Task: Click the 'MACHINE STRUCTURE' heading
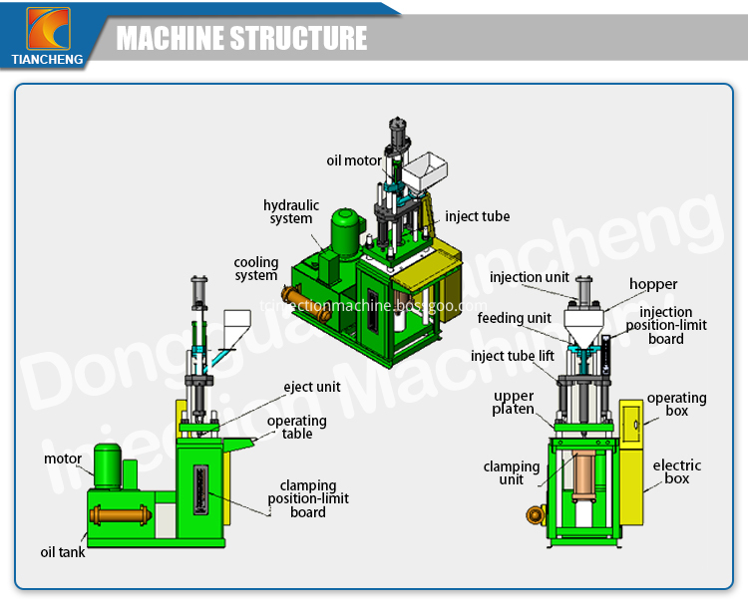point(242,39)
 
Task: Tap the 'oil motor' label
point(354,160)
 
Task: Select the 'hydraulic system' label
point(291,212)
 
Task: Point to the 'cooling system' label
point(256,269)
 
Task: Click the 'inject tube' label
point(477,216)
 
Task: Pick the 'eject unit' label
point(312,387)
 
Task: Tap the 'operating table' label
point(296,428)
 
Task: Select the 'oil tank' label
point(63,551)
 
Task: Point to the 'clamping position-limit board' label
point(308,498)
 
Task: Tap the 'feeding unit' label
point(514,318)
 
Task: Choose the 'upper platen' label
point(514,403)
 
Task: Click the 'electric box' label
point(677,471)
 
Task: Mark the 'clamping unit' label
point(511,472)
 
